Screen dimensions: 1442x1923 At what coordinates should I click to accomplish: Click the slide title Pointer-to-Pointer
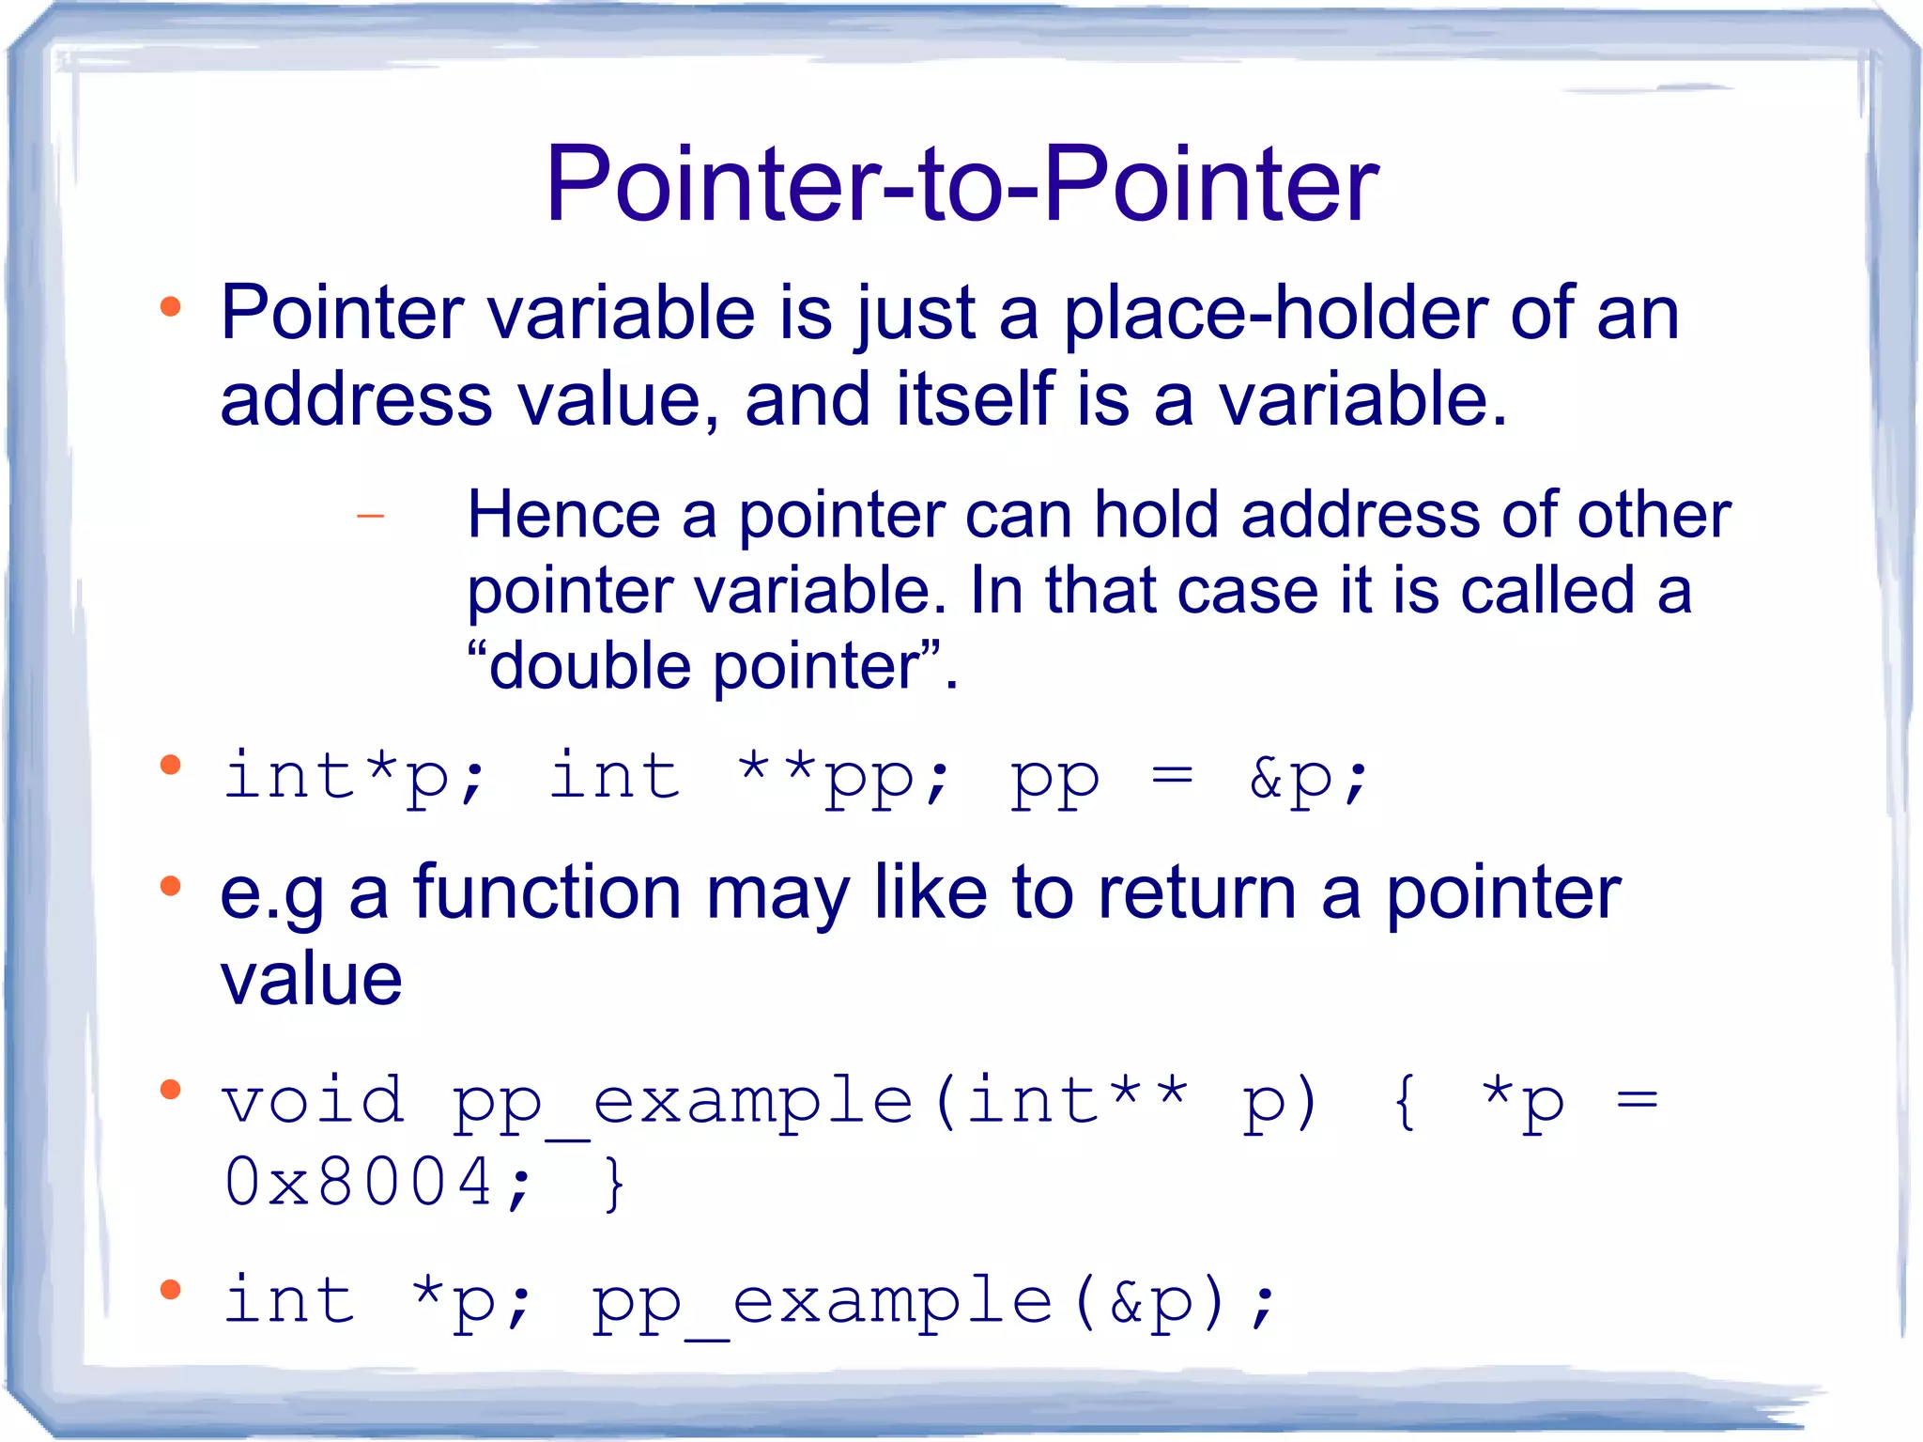pyautogui.click(x=961, y=184)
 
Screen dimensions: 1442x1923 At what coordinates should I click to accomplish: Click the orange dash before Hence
pyautogui.click(x=371, y=516)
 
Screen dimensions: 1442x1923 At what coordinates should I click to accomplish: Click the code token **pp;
pyautogui.click(x=843, y=778)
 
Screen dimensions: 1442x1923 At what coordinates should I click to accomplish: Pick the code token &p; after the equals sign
pyautogui.click(x=1308, y=778)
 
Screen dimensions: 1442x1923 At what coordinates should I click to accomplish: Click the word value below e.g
pyautogui.click(x=311, y=979)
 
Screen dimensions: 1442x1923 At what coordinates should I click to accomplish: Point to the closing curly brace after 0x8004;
pyautogui.click(x=614, y=1184)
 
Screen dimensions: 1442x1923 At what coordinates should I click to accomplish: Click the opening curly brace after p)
pyautogui.click(x=1405, y=1101)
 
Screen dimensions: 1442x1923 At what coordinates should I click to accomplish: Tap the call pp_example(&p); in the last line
pyautogui.click(x=933, y=1302)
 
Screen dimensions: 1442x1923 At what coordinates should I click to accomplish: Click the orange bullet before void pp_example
pyautogui.click(x=170, y=1090)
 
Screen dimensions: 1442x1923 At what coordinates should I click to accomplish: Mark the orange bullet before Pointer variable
pyautogui.click(x=170, y=306)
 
